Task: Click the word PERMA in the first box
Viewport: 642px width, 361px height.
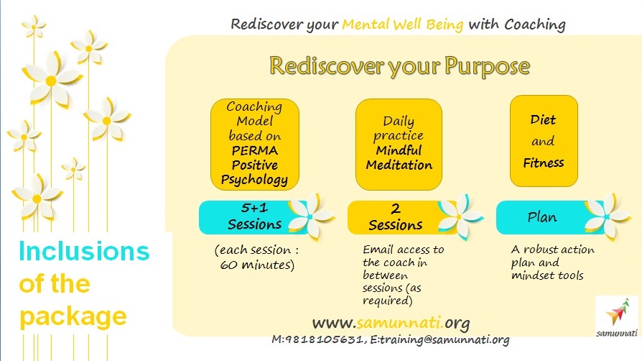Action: (255, 150)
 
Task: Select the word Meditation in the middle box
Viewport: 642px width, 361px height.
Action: (399, 165)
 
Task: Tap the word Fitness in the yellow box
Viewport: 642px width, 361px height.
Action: (544, 163)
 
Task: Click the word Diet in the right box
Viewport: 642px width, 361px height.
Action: (543, 120)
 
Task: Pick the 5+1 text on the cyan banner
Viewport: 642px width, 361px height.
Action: (255, 208)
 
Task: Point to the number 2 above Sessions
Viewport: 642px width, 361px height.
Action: (396, 209)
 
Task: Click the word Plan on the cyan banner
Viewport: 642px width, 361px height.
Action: (542, 217)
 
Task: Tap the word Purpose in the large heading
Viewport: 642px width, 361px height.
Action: (487, 67)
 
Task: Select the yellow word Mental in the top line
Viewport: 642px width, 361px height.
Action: (366, 24)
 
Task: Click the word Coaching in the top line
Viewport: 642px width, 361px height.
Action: (535, 25)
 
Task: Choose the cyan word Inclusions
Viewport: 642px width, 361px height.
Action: (84, 251)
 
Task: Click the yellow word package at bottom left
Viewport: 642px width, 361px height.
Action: (73, 317)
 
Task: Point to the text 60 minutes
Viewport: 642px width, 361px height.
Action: (256, 265)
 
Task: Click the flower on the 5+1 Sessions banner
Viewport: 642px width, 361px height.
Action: (311, 215)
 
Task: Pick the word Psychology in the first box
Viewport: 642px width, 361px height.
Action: (254, 180)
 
